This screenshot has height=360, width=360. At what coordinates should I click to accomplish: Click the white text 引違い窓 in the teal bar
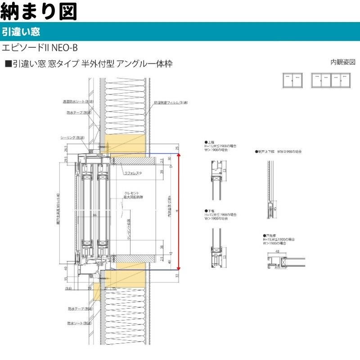click(22, 32)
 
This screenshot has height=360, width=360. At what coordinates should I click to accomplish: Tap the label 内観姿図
click(343, 62)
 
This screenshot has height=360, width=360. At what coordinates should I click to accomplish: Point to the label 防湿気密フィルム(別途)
click(171, 103)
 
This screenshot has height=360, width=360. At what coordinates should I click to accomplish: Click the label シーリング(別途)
click(73, 138)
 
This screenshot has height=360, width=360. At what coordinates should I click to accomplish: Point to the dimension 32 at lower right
click(178, 276)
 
